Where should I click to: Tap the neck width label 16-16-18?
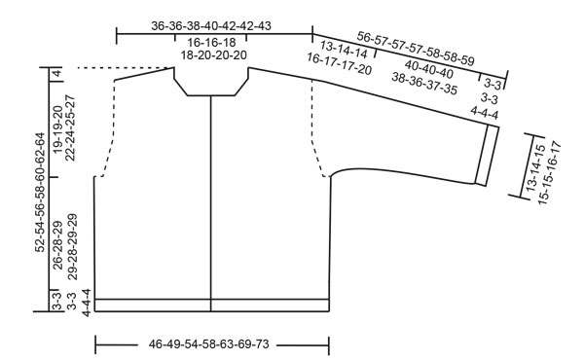click(213, 44)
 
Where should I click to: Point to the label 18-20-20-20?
click(213, 56)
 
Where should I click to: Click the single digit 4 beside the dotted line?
click(57, 73)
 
